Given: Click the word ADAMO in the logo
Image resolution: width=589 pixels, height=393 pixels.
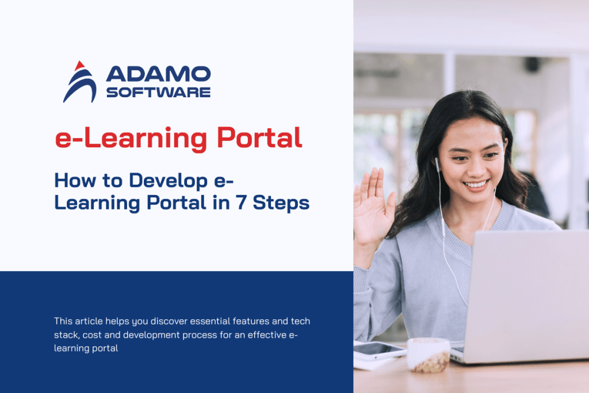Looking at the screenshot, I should click(x=158, y=74).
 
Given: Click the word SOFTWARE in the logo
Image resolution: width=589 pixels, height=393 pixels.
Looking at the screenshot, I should click(x=158, y=91).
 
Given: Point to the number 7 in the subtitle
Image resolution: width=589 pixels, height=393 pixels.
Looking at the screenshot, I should click(x=257, y=203).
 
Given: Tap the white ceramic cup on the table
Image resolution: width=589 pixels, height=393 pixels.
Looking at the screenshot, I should click(x=428, y=354).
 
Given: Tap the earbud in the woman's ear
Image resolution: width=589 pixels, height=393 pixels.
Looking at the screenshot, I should click(x=437, y=164).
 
